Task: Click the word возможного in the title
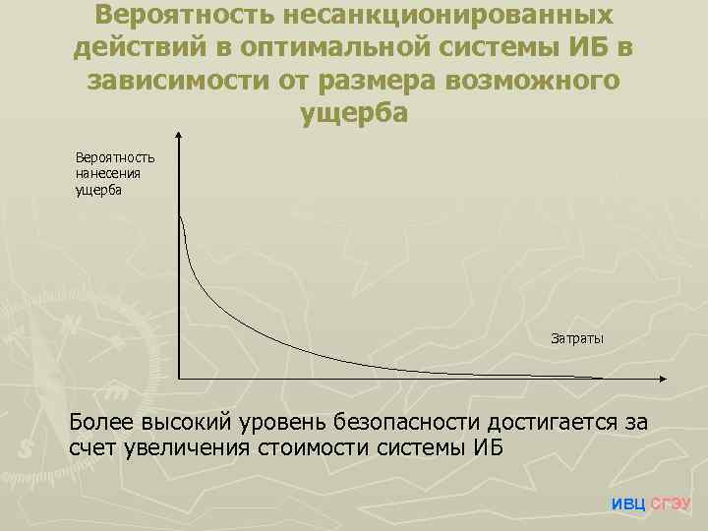coord(534,82)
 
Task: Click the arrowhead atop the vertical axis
coord(179,137)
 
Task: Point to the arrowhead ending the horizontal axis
coord(667,379)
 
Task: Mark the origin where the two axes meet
coord(179,379)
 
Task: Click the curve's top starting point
coord(180,217)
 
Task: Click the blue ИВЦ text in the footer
coord(629,503)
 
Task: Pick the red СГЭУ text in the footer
coord(673,503)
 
